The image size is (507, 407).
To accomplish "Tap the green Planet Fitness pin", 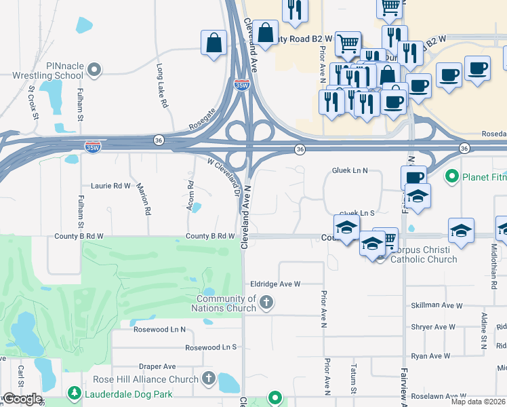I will click(x=451, y=178).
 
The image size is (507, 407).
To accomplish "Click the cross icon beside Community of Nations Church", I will click(x=267, y=303).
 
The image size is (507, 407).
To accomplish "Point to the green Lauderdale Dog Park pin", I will click(x=74, y=393).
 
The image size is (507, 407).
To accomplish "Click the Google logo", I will click(x=22, y=399).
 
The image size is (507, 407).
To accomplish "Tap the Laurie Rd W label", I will click(x=110, y=185).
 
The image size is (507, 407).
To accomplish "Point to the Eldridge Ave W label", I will click(x=275, y=284).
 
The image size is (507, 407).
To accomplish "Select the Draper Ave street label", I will click(x=157, y=366).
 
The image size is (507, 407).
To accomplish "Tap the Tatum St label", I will click(x=353, y=387).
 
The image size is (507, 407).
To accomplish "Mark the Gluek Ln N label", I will click(x=349, y=170).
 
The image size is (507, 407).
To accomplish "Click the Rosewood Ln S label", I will click(x=211, y=347).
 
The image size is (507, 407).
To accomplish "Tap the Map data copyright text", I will click(x=478, y=402).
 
